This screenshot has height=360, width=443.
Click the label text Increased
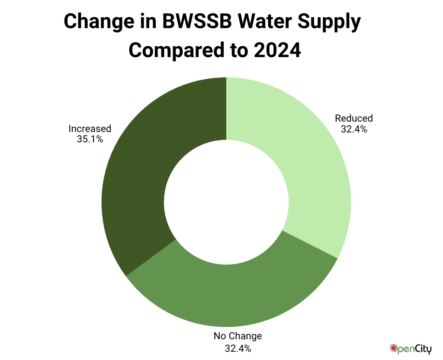(90, 129)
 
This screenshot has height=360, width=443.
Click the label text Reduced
(354, 118)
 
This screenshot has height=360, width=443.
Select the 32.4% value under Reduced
(354, 129)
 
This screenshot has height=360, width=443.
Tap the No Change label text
(238, 336)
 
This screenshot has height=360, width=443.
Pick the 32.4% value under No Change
(238, 347)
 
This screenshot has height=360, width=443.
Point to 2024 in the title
(277, 51)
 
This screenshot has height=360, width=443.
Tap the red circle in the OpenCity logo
(394, 347)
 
